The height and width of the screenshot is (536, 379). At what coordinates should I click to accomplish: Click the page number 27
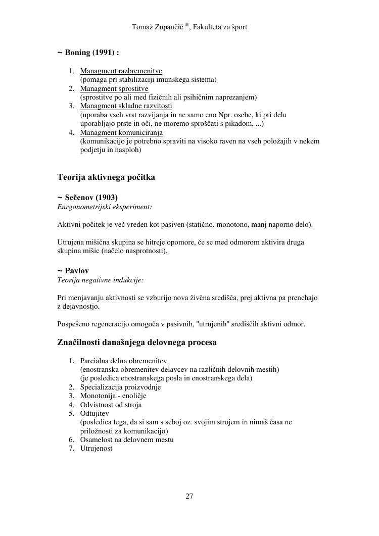coord(189,496)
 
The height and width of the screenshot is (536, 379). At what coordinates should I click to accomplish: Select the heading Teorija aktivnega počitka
coord(106,177)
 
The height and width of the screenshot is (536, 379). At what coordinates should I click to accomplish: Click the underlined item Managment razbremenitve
coord(121,71)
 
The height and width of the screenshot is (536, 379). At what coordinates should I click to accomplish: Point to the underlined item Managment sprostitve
coord(114,88)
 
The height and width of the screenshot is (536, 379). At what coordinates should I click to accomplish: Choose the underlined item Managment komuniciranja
coord(121,132)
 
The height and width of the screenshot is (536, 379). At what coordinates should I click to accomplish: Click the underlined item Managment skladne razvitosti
coord(126,106)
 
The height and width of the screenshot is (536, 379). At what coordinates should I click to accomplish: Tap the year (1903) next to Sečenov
coord(107,198)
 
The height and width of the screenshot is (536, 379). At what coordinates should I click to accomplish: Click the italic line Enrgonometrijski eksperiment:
coord(105,207)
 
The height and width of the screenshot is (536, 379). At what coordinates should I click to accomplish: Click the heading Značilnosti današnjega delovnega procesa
coord(137,343)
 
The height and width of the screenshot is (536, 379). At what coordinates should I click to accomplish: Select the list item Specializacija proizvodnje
coord(120,387)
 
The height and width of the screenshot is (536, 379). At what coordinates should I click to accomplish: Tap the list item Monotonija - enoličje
coord(113,396)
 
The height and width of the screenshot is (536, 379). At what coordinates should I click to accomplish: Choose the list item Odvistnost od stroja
coord(111,405)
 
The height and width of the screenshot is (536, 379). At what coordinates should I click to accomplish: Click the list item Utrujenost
coord(97,448)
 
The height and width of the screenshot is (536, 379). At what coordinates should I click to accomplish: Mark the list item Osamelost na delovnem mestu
coord(127,440)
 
